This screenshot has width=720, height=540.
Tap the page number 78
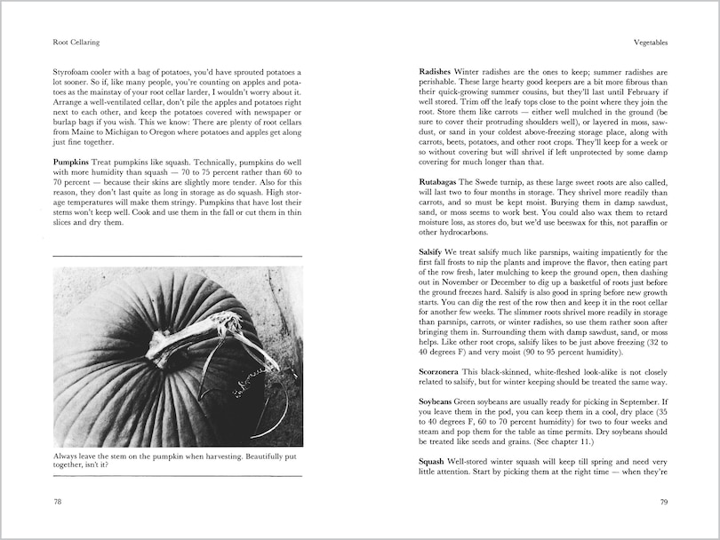pyautogui.click(x=58, y=502)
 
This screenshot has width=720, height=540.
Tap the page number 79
pyautogui.click(x=662, y=502)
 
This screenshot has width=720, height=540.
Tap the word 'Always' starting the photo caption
pyautogui.click(x=67, y=456)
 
